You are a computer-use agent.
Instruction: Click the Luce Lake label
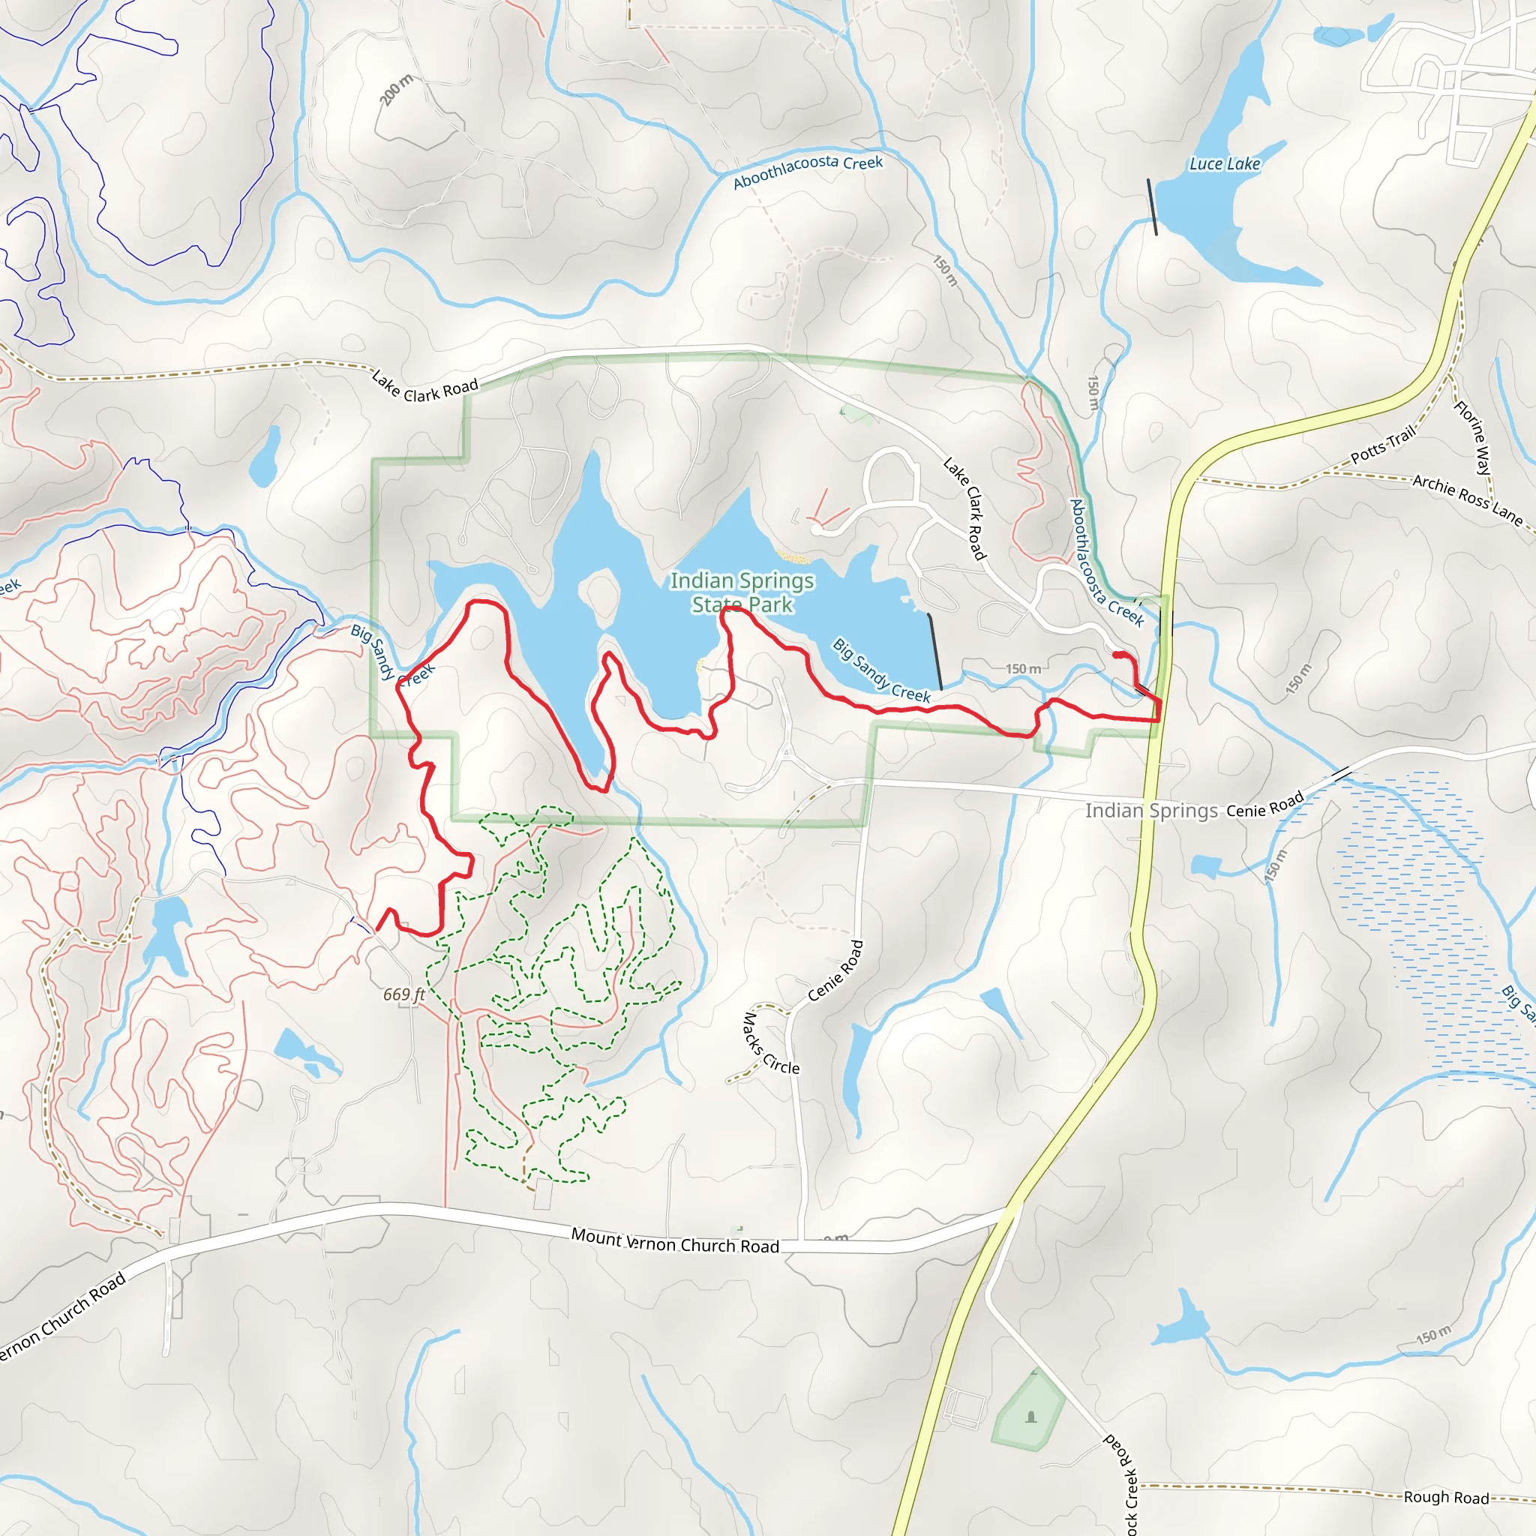(1224, 163)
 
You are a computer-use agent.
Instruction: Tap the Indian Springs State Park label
(742, 592)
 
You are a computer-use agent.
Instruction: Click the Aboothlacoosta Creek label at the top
(808, 170)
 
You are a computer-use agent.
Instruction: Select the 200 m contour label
(396, 90)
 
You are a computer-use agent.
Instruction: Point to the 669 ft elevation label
(404, 994)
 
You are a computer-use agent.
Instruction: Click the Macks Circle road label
(769, 1044)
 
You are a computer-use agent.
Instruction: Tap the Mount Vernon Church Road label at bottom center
(675, 1241)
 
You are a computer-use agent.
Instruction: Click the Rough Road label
(1446, 1497)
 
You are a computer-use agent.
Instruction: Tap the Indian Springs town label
(1151, 810)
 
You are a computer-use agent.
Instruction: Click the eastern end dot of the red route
(1117, 654)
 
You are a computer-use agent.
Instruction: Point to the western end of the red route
(378, 928)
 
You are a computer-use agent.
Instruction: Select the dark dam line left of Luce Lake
(1152, 207)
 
